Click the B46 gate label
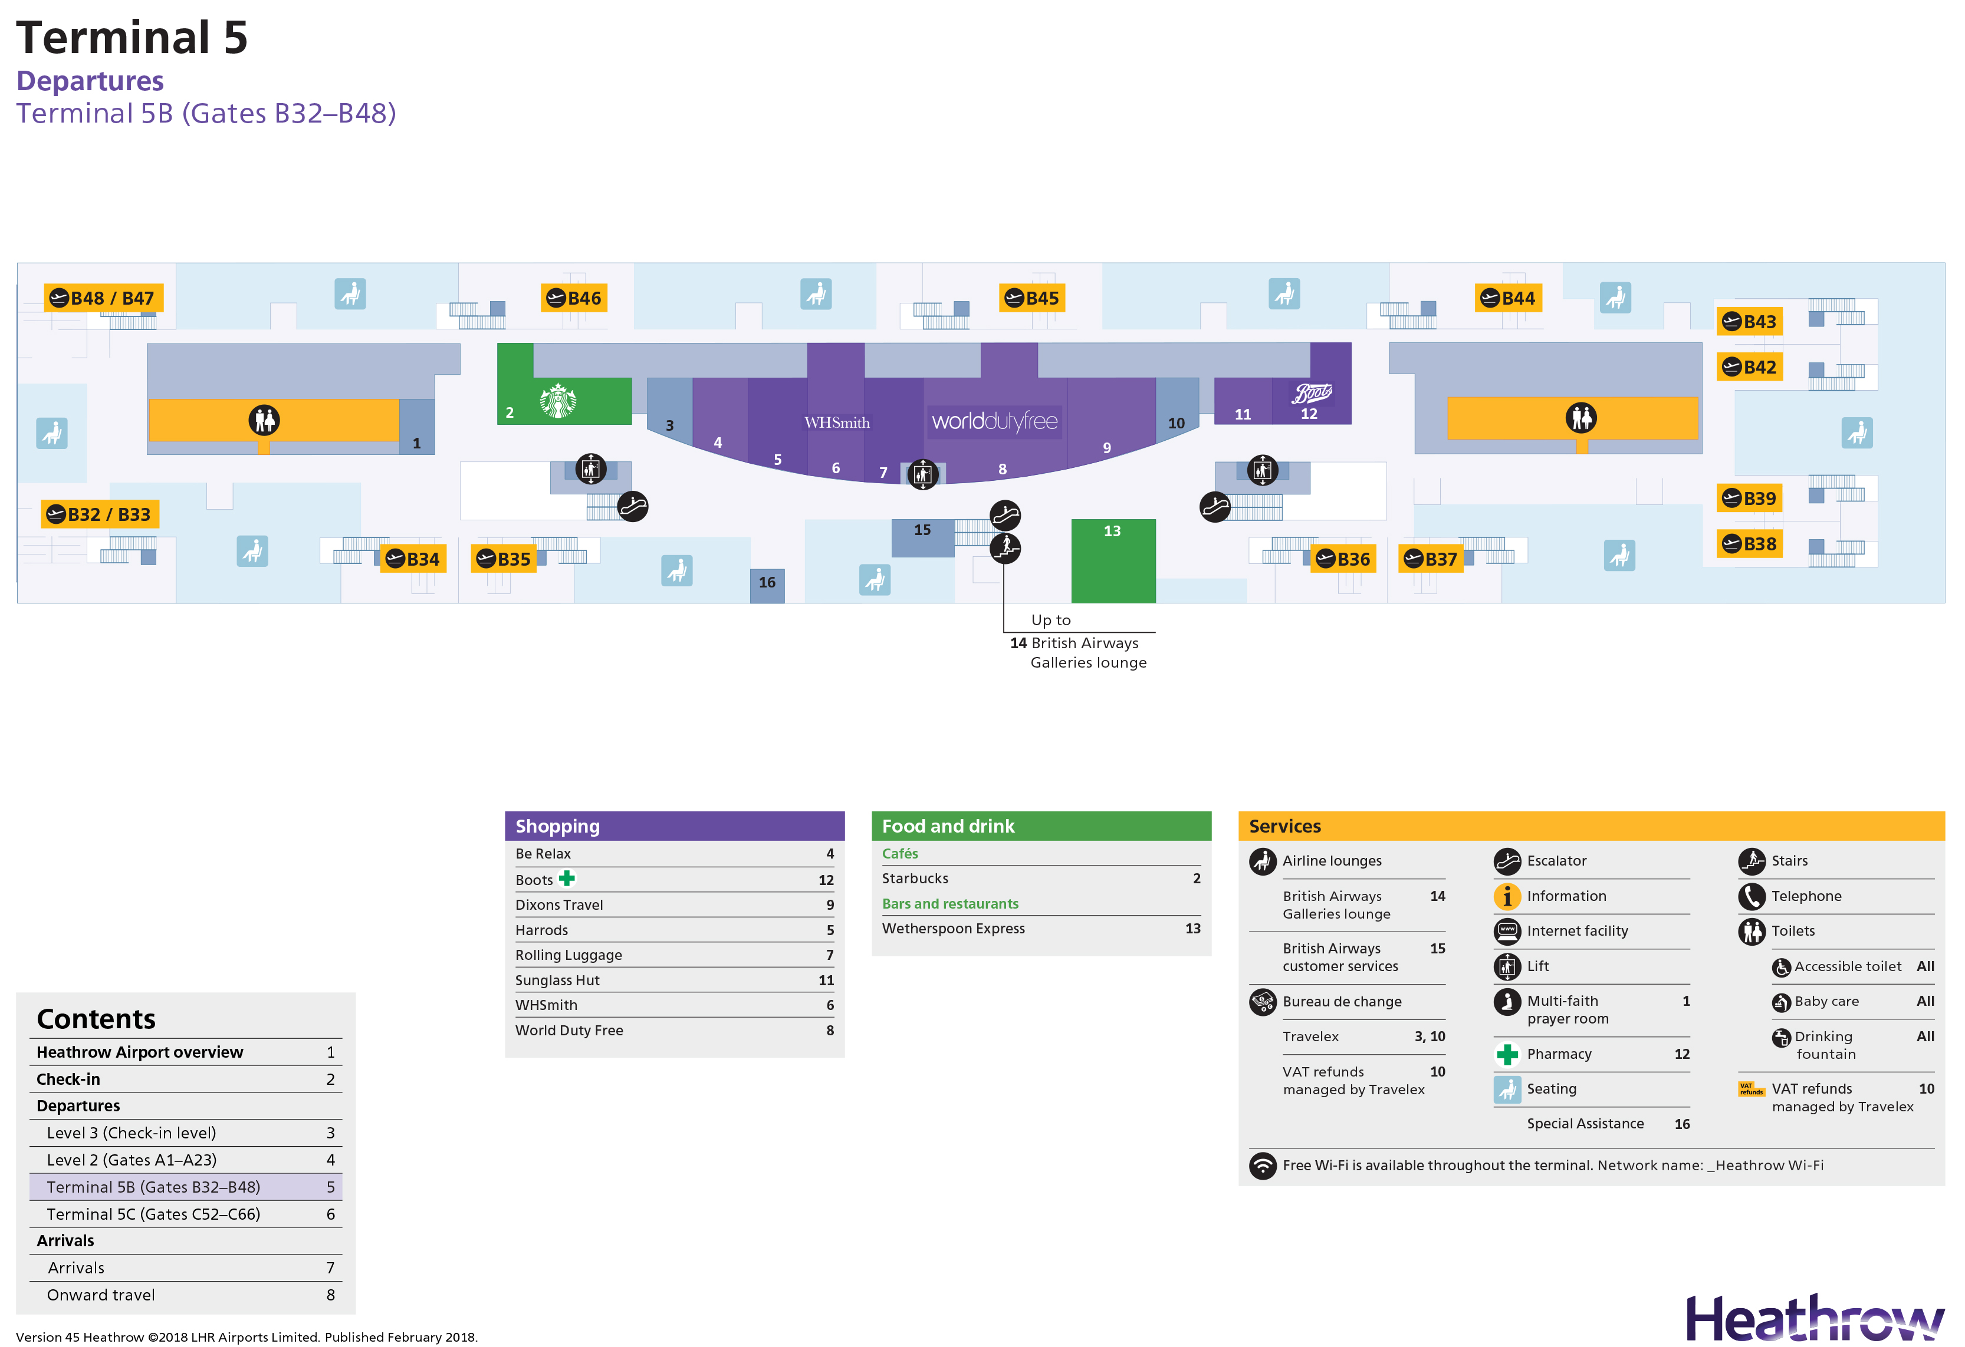pos(574,298)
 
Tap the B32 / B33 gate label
pos(100,514)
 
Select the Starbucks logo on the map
pos(558,401)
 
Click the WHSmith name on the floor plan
pos(837,422)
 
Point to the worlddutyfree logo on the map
pos(994,421)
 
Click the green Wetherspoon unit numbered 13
pos(1113,560)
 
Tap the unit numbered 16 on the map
pos(767,585)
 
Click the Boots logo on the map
pos(1312,393)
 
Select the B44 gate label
pos(1509,298)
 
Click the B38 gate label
pos(1749,544)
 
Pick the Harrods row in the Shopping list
pos(674,930)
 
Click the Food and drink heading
pos(948,826)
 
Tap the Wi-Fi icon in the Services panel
pos(1263,1166)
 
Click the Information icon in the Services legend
pos(1507,896)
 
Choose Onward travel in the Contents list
pos(101,1295)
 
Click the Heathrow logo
pos(1815,1318)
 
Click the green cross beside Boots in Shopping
pos(567,878)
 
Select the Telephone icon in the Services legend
pos(1751,896)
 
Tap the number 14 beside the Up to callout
pos(1018,643)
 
